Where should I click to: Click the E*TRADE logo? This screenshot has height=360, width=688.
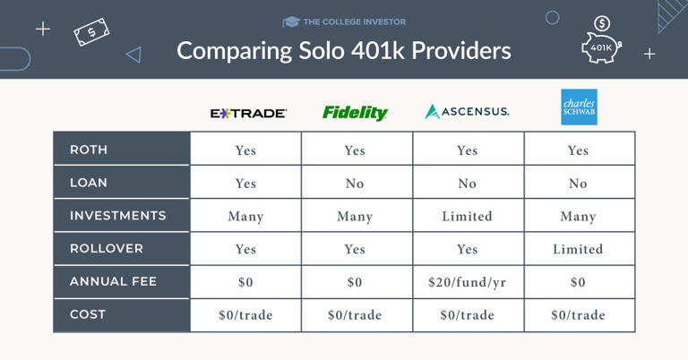point(248,114)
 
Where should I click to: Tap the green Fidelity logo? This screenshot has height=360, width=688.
point(355,113)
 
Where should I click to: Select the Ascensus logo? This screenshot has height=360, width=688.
point(467,112)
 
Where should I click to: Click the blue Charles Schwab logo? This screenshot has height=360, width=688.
point(578,107)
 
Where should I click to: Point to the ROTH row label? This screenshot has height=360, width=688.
point(89,150)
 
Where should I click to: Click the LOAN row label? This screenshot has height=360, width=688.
point(89,183)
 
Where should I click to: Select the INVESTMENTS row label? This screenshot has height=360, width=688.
point(117,216)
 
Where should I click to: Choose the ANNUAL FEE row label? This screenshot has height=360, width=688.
point(113,281)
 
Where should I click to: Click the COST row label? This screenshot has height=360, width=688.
point(88,314)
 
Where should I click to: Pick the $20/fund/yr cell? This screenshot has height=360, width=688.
point(467,282)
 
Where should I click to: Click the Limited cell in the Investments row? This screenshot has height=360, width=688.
point(467,216)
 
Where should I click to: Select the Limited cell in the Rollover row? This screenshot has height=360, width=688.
point(578,249)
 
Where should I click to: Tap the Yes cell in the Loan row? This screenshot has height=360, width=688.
point(245,184)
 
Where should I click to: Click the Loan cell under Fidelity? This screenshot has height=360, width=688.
point(355,184)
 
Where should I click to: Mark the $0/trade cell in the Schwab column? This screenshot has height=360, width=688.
point(578,315)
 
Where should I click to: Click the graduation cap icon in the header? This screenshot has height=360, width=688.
point(290,21)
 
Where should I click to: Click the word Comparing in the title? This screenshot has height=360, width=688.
point(228,50)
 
